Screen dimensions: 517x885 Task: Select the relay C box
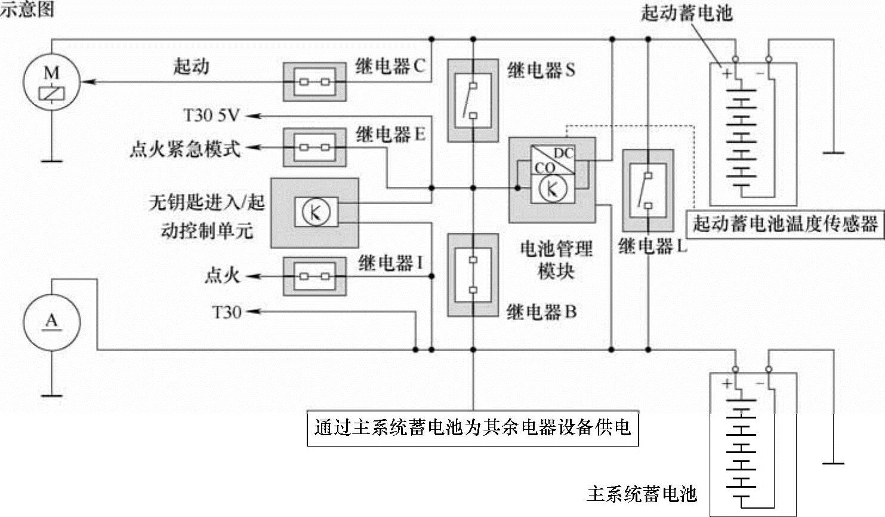coord(314,81)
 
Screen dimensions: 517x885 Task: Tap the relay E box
coord(314,147)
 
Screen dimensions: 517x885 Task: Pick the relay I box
coord(314,276)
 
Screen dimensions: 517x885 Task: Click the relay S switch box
coord(473,100)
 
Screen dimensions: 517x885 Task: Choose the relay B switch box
coord(473,275)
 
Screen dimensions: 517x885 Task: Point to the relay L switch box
coord(648,190)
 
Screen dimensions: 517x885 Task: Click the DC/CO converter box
coord(553,159)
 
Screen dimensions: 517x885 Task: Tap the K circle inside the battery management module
coord(552,189)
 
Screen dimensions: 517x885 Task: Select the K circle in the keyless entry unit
coord(315,212)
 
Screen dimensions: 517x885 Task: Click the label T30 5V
coord(211,115)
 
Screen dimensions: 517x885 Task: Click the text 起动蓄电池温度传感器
coord(785,224)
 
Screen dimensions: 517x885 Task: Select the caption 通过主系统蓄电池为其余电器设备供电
coord(473,427)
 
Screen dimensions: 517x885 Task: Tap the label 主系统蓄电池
coord(642,494)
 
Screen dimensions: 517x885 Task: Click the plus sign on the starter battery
coord(727,73)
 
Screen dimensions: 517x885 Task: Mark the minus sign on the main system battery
coord(760,383)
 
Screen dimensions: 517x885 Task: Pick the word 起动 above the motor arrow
coord(191,66)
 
